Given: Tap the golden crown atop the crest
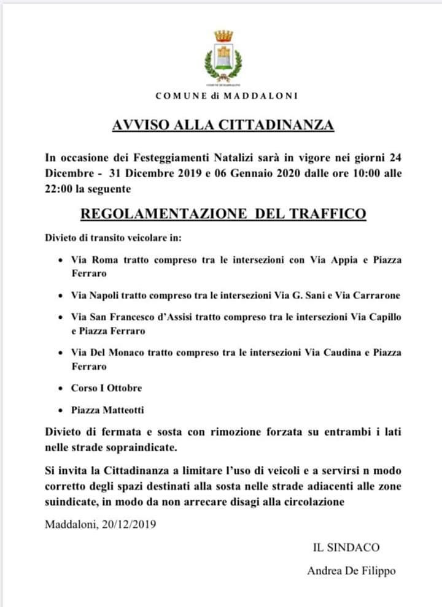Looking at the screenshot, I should (x=223, y=36).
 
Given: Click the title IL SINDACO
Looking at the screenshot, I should (x=346, y=547).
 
